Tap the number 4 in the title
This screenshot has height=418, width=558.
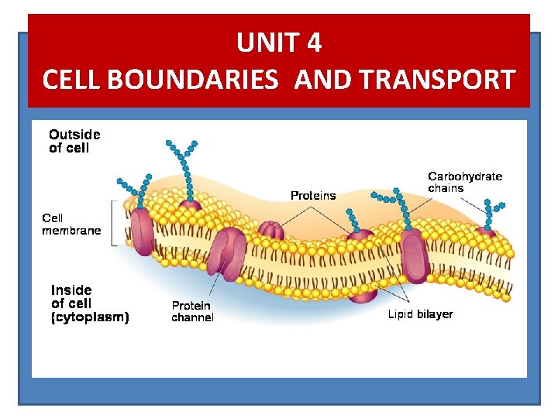(x=313, y=43)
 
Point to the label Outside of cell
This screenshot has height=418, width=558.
(x=74, y=141)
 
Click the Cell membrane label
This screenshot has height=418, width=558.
(x=71, y=224)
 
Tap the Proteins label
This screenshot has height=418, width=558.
(x=313, y=196)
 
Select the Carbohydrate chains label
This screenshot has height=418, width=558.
(x=465, y=182)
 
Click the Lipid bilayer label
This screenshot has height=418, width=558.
(x=420, y=314)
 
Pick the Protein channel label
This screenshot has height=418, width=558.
(x=192, y=311)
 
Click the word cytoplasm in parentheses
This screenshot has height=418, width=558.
(x=91, y=317)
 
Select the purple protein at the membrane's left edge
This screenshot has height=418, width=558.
(x=141, y=231)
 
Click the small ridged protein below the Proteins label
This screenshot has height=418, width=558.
(x=271, y=231)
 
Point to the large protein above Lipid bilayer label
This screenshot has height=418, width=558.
(x=414, y=255)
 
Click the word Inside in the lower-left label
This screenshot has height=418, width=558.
(x=71, y=290)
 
